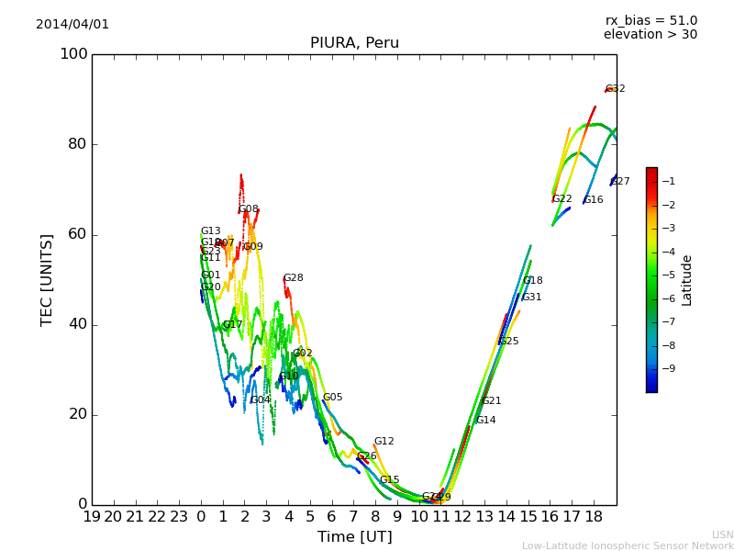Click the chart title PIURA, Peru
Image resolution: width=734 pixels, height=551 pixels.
point(354,43)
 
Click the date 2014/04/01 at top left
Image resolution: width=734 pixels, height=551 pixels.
point(72,25)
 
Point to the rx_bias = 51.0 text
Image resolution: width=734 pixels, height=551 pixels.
point(651,21)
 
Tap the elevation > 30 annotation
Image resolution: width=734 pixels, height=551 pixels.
point(651,35)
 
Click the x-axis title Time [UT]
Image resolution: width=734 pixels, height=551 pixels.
point(354,537)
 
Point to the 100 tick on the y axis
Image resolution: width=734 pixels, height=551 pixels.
point(73,54)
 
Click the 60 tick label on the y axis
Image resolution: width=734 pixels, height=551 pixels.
point(78,234)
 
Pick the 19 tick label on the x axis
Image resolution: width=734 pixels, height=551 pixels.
point(92,517)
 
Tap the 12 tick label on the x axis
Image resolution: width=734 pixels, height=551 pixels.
point(462,517)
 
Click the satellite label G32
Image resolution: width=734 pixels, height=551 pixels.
point(615,89)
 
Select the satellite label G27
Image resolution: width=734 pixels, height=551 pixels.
point(620,182)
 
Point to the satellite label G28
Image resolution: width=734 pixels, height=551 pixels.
point(293,278)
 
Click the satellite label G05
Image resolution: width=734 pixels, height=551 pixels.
point(332,398)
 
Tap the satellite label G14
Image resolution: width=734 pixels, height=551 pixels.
point(485,421)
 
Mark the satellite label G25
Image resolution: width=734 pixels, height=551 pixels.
point(508,342)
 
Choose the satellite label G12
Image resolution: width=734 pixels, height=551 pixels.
point(384,442)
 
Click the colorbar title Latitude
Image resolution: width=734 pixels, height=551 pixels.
point(687,280)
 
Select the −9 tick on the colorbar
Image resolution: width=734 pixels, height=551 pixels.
point(666,369)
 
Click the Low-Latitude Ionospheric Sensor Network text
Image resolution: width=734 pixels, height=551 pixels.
point(628,546)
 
